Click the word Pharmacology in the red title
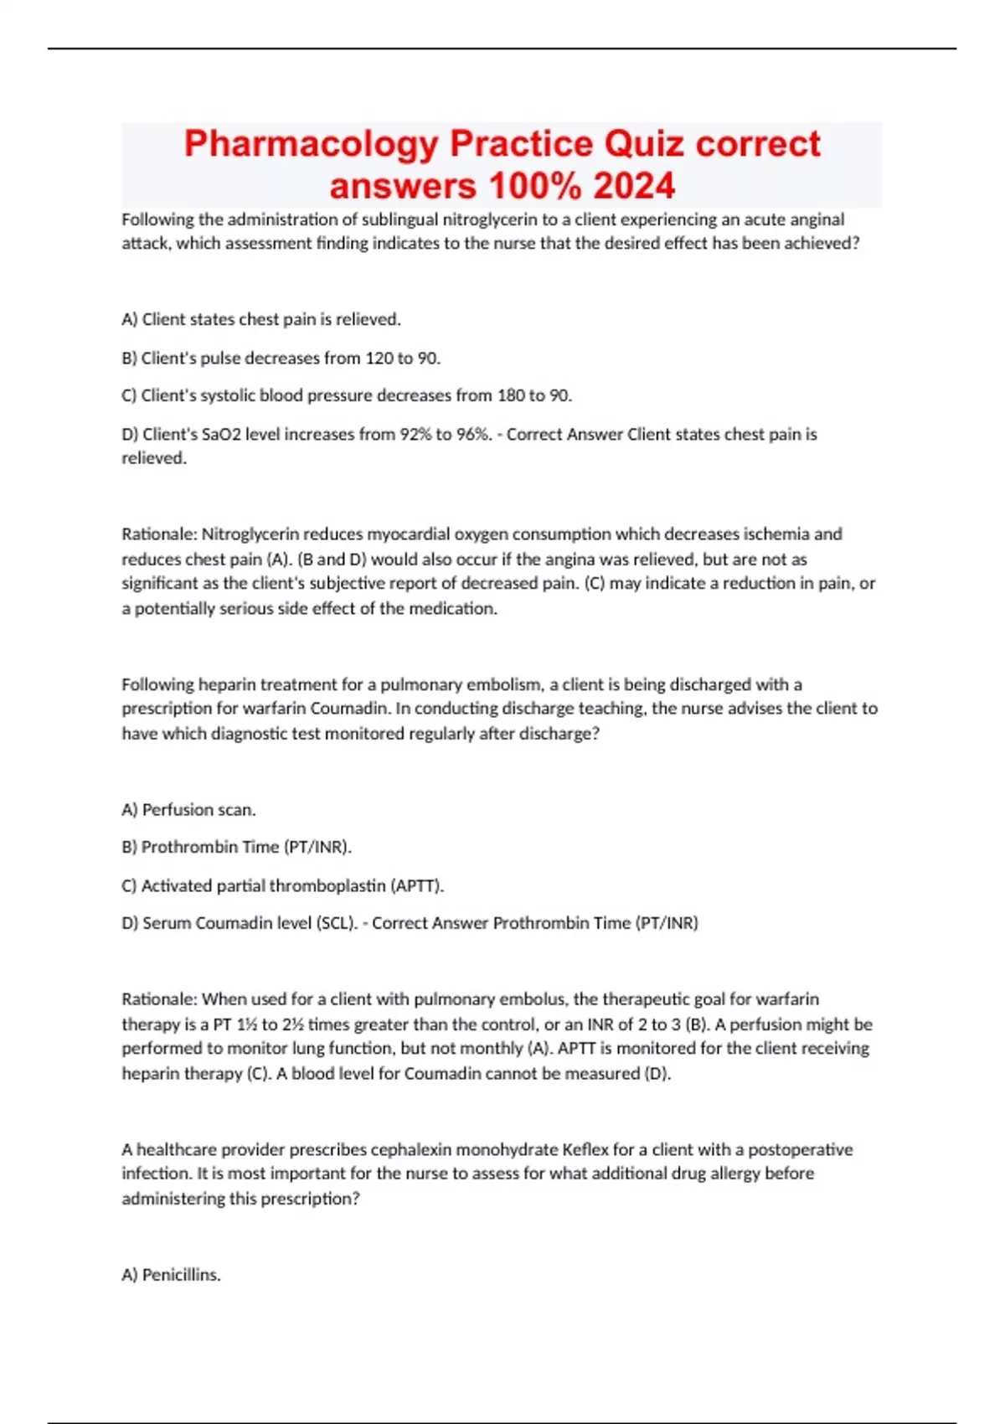[x=311, y=144]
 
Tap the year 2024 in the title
[x=634, y=186]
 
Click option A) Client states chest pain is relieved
[x=261, y=319]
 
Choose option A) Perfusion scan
[x=189, y=809]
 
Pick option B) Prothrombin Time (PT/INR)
[x=237, y=847]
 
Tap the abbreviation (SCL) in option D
[x=337, y=923]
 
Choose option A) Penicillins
[x=172, y=1275]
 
